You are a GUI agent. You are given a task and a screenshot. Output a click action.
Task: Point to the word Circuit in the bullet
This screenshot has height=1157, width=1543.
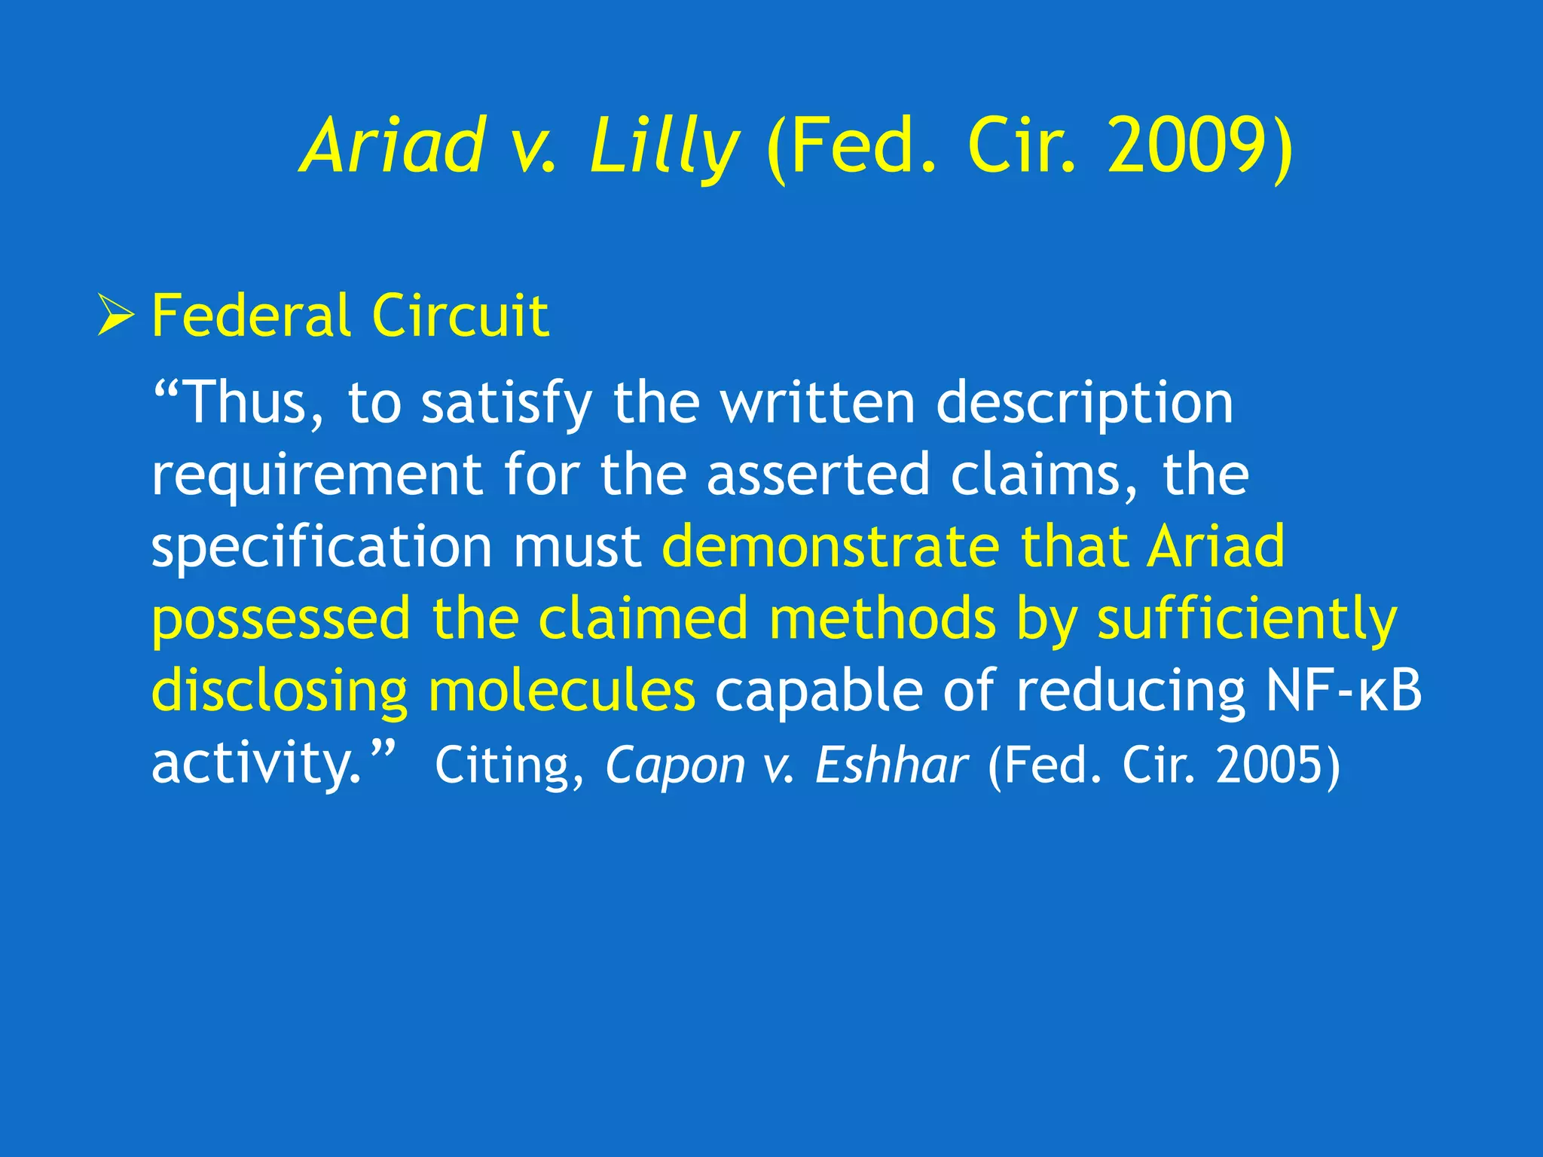point(460,316)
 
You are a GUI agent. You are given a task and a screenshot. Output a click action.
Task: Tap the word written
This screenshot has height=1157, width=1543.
point(817,403)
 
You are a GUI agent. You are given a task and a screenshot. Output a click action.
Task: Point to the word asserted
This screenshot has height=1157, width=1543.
point(818,475)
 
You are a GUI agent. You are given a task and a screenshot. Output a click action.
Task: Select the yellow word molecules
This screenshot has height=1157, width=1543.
point(562,691)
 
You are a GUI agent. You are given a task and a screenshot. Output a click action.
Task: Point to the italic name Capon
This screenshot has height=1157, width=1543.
point(675,765)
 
